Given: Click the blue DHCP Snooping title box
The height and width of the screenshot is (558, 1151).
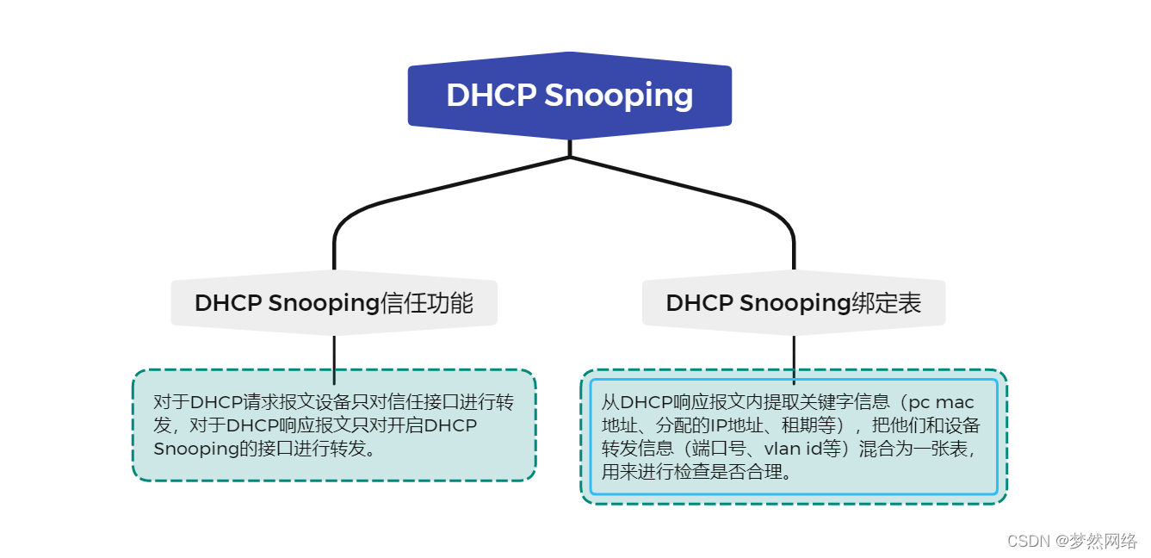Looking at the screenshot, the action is pos(569,96).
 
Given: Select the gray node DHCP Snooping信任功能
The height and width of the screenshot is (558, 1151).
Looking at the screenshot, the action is pos(334,303).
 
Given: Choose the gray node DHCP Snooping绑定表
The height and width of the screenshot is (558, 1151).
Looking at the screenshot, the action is pos(793,303).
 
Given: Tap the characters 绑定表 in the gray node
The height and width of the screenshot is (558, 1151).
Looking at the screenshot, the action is pos(887,303).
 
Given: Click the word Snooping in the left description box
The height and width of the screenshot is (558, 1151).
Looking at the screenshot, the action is pos(193,449).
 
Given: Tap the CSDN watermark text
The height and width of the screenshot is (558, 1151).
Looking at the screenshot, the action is pos(1030,541).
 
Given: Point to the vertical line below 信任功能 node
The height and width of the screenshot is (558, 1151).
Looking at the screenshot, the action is pos(334,357).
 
